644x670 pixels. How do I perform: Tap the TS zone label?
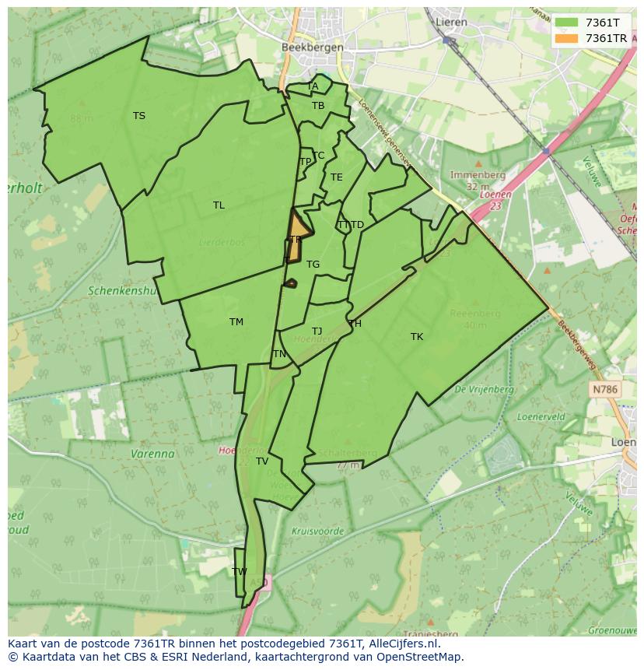click(x=138, y=116)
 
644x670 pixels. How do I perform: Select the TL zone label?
click(x=219, y=205)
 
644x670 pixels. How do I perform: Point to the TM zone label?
click(x=236, y=322)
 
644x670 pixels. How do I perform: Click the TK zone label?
click(x=417, y=337)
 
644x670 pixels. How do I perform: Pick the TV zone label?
click(x=262, y=461)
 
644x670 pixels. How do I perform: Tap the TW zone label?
click(x=240, y=571)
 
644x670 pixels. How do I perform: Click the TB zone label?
click(x=318, y=106)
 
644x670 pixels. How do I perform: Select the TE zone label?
click(x=336, y=177)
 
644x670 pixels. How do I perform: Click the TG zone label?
click(x=313, y=265)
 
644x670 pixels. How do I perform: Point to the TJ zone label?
click(x=317, y=331)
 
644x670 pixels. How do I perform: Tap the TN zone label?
click(x=279, y=354)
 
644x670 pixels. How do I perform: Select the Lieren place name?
click(x=451, y=22)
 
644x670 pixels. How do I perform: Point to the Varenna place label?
click(x=152, y=454)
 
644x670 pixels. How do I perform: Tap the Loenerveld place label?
click(x=542, y=417)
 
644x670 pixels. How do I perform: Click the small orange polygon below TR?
click(x=290, y=284)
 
